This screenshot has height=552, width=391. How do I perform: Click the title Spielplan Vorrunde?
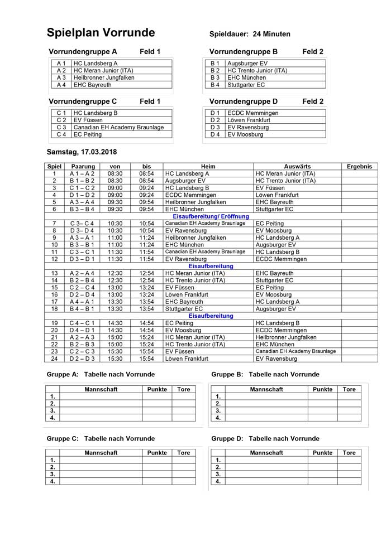(x=101, y=33)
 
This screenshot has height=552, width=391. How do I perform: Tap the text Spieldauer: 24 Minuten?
(x=250, y=34)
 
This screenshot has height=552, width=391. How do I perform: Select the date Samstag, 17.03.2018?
(x=82, y=152)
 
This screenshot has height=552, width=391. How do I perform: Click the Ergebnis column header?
(x=359, y=166)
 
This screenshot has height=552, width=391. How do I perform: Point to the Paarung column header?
(x=83, y=166)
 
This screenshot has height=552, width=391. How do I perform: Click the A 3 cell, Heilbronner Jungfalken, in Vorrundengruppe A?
(x=104, y=78)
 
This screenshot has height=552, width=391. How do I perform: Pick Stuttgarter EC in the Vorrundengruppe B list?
(x=246, y=85)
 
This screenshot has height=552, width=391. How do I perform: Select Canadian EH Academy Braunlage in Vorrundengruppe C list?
(x=118, y=128)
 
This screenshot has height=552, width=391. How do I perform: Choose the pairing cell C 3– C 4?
(x=83, y=224)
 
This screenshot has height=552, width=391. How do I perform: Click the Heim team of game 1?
(x=187, y=173)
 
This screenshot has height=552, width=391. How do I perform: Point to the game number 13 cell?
(x=55, y=273)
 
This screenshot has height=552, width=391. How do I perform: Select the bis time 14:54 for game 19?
(x=146, y=323)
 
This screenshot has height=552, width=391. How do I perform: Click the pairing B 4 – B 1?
(x=83, y=309)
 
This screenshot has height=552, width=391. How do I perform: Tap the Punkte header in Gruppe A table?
(x=157, y=390)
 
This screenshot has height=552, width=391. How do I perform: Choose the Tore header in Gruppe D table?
(x=350, y=453)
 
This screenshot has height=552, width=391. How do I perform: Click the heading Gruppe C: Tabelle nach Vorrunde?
(x=100, y=439)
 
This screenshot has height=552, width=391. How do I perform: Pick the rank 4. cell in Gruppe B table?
(x=218, y=417)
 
